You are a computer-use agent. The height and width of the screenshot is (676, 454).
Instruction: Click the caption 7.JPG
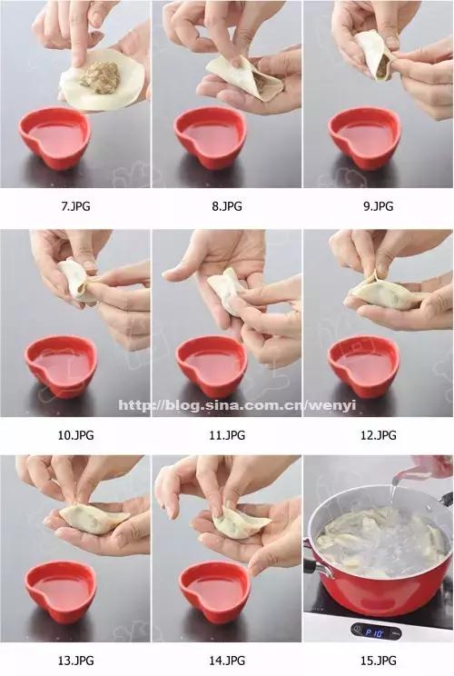click(x=75, y=206)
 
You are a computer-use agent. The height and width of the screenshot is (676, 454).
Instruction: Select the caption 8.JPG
click(x=227, y=206)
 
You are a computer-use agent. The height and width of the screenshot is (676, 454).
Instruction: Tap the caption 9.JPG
click(x=379, y=206)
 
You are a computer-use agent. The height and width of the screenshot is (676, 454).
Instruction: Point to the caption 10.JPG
click(x=75, y=435)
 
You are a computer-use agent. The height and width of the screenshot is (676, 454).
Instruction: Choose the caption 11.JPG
click(x=227, y=435)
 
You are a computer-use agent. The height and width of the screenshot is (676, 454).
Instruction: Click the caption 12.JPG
click(x=379, y=435)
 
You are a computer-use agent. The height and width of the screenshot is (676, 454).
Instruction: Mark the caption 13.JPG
click(x=75, y=660)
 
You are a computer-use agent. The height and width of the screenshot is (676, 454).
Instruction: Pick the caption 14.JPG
click(x=227, y=660)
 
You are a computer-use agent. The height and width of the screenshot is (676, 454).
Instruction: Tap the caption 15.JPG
click(x=379, y=660)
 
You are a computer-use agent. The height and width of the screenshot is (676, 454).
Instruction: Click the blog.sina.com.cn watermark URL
click(x=237, y=405)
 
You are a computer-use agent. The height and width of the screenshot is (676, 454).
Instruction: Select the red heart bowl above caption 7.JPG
click(x=54, y=136)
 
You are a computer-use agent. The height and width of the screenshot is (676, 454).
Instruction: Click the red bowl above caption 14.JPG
click(x=214, y=590)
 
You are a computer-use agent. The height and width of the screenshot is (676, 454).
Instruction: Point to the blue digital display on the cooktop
click(x=376, y=632)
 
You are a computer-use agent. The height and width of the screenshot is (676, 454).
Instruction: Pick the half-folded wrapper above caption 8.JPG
click(x=243, y=76)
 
